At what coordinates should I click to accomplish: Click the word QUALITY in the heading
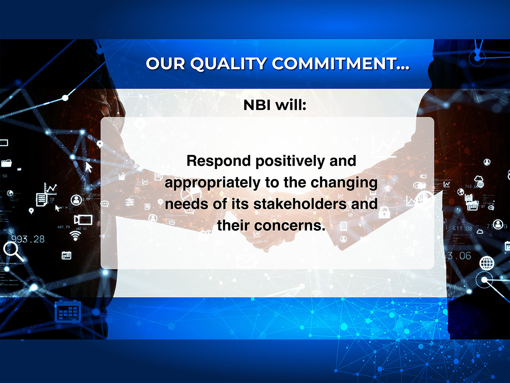(x=229, y=63)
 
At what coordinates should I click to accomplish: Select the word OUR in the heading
(x=165, y=63)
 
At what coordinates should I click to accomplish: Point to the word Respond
(x=218, y=161)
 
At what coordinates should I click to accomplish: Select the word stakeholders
(x=300, y=204)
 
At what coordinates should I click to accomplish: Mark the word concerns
(x=289, y=226)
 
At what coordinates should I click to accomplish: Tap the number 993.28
(x=28, y=239)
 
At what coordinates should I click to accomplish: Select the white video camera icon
(x=83, y=220)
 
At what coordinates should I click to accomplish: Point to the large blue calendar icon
(x=68, y=312)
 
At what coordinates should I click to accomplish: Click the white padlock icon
(x=384, y=212)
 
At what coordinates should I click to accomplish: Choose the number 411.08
(x=462, y=229)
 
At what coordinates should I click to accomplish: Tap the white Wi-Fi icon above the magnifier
(x=75, y=236)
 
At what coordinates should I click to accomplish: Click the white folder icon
(x=6, y=163)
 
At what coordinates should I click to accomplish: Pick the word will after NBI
(x=291, y=105)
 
